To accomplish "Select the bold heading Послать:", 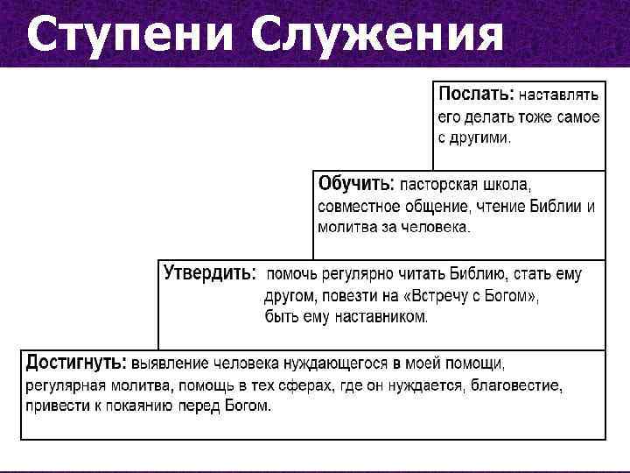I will (x=476, y=93).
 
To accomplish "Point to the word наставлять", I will (x=560, y=94).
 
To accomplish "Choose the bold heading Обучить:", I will (x=356, y=185).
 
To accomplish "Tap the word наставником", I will (x=378, y=317).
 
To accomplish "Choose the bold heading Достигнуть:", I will (x=75, y=363).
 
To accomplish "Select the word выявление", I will (x=171, y=364).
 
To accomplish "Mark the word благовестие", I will (x=519, y=385).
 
